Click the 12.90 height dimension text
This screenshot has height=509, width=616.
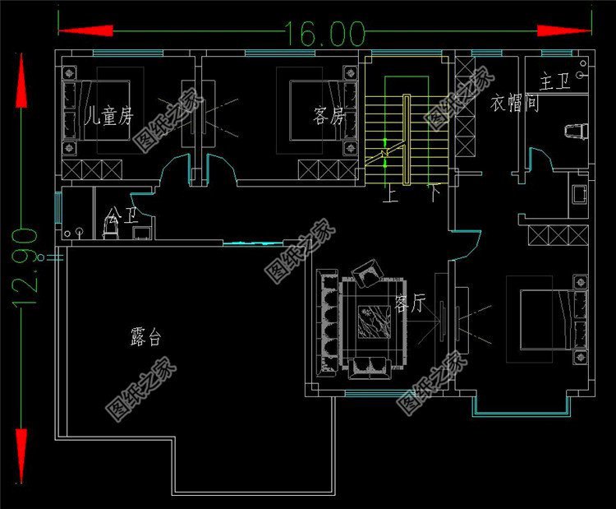[x=25, y=268]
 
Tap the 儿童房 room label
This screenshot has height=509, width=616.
[x=109, y=115]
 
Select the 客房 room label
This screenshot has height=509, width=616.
[x=328, y=115]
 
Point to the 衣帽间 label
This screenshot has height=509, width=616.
[x=514, y=104]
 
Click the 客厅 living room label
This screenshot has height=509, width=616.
[x=409, y=304]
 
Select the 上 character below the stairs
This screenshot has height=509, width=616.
[x=391, y=195]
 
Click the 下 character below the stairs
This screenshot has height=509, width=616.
[x=434, y=195]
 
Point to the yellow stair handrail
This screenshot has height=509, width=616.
[x=407, y=140]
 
